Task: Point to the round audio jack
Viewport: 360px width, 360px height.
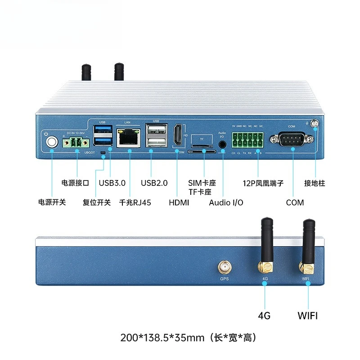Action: (222, 144)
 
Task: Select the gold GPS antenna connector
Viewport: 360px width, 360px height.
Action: (224, 268)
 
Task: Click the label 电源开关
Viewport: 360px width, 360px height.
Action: (52, 202)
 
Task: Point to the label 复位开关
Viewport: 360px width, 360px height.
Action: (97, 202)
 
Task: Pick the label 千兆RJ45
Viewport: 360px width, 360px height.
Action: (135, 202)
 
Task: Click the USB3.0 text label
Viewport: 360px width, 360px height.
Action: (112, 183)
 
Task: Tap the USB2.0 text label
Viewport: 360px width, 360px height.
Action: (154, 183)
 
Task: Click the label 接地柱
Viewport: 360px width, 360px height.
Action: (315, 183)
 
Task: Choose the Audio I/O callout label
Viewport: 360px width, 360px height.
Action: (226, 202)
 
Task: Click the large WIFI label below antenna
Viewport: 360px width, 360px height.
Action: (307, 315)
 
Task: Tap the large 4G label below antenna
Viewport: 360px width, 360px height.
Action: (264, 315)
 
